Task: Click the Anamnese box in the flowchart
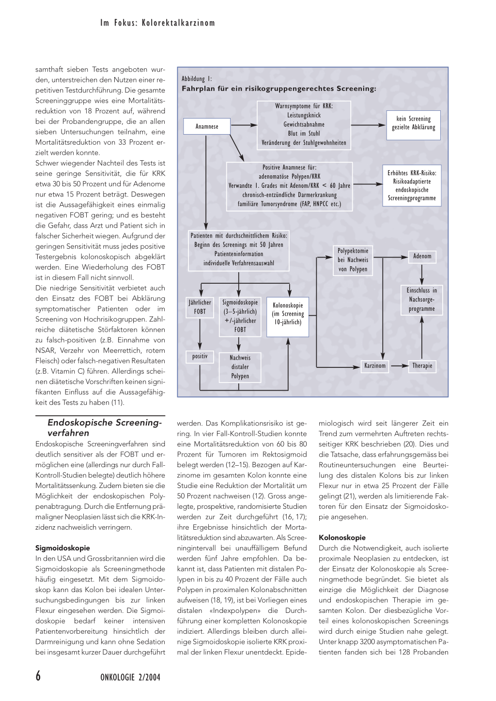coord(207,126)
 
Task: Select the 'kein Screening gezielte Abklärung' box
coord(413,123)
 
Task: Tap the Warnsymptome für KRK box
coord(304,124)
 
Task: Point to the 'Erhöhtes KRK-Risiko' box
coord(412,185)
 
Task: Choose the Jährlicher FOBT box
coord(200,307)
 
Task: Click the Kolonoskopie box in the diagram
coord(288,314)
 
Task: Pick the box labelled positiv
coord(200,356)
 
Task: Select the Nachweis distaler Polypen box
coord(240,366)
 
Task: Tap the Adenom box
coord(422,256)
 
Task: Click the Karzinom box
coord(375,366)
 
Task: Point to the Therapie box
coord(422,366)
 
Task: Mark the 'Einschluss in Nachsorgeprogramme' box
coord(421,300)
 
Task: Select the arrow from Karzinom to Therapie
coord(399,366)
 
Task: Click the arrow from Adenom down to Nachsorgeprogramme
coord(422,274)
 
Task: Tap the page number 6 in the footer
coord(38,676)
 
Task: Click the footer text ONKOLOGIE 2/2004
coord(130,677)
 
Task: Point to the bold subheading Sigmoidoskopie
coord(62,548)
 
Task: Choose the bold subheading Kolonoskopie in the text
coord(342,537)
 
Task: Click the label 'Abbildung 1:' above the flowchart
coord(197,79)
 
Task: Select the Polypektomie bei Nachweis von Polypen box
coord(353,260)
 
